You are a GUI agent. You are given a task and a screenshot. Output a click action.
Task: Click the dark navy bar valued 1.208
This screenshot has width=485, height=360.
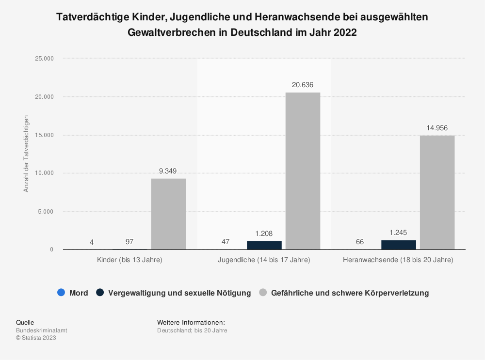pos(264,245)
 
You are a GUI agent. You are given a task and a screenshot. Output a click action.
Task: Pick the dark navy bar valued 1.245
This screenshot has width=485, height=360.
pos(398,245)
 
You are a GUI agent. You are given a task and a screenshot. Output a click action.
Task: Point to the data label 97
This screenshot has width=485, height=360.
pos(129,242)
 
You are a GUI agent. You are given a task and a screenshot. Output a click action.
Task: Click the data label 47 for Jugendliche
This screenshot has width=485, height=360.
pos(226,242)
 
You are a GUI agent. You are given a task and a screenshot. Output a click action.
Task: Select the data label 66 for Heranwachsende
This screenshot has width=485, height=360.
pos(360,242)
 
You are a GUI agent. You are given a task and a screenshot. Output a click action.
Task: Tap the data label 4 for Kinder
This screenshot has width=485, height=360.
pos(91,242)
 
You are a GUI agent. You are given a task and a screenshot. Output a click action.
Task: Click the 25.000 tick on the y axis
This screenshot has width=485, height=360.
pos(44,59)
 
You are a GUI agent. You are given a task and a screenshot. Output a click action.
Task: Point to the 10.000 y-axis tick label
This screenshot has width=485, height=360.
pos(44,173)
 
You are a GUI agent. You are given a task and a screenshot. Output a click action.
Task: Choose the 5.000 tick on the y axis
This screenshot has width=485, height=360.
pos(46,212)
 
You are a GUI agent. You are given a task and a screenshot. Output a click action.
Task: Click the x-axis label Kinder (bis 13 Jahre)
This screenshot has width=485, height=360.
pos(129,260)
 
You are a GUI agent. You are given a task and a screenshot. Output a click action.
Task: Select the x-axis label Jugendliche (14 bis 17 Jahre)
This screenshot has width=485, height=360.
pos(264,260)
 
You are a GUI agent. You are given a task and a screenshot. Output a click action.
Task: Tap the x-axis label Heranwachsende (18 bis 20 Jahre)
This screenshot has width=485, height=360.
pos(398,260)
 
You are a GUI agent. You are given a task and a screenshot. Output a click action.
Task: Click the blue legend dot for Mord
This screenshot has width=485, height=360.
pos(61,293)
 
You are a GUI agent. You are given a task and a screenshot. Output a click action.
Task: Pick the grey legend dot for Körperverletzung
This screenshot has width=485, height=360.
pos(263,293)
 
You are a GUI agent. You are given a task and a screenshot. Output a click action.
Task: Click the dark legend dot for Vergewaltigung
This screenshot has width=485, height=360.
pos(100,293)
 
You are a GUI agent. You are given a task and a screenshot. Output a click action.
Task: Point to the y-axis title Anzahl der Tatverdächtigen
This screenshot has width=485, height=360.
pos(26,154)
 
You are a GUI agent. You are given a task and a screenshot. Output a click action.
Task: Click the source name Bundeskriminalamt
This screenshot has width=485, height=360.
pos(42,330)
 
